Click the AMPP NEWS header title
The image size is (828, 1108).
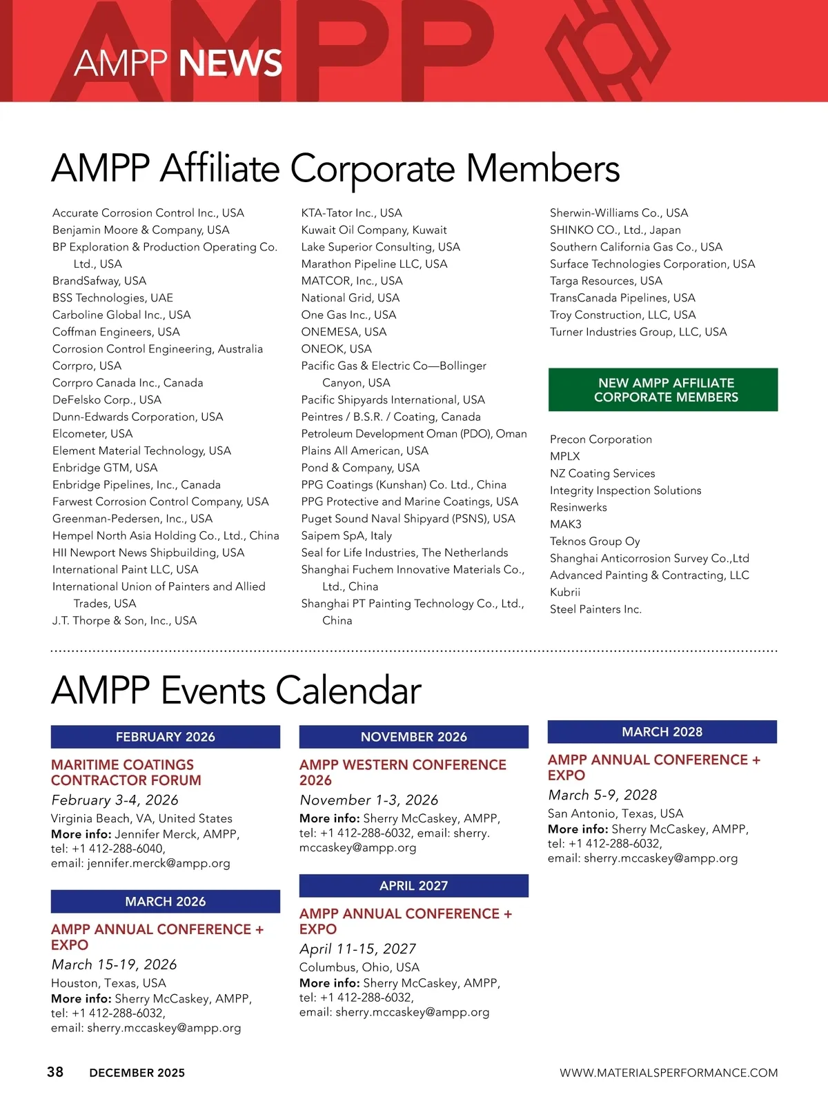click(x=178, y=63)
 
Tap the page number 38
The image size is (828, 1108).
click(x=55, y=1071)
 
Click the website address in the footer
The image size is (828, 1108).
click(x=668, y=1073)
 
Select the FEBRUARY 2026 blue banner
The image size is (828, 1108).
click(x=166, y=737)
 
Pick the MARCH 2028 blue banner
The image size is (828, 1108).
click(x=662, y=732)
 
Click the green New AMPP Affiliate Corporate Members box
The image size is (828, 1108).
click(x=663, y=390)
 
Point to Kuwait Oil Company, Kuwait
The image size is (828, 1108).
click(x=374, y=230)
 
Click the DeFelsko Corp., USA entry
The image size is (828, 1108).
click(x=107, y=399)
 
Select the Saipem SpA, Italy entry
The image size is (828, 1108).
click(x=346, y=535)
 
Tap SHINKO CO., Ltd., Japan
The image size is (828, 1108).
click(x=615, y=230)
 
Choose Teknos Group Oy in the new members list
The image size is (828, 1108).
click(x=595, y=541)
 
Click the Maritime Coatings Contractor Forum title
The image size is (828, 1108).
click(x=126, y=773)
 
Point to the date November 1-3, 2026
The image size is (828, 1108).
click(x=368, y=800)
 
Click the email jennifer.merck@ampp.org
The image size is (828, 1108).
click(x=159, y=863)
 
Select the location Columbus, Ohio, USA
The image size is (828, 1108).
click(x=359, y=967)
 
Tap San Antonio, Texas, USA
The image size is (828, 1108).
click(x=615, y=813)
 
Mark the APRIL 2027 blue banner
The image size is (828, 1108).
click(x=414, y=886)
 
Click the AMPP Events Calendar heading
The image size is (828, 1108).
click(x=236, y=690)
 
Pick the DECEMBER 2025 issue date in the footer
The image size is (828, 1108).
click(x=137, y=1073)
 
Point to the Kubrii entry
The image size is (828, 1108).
click(x=565, y=592)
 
